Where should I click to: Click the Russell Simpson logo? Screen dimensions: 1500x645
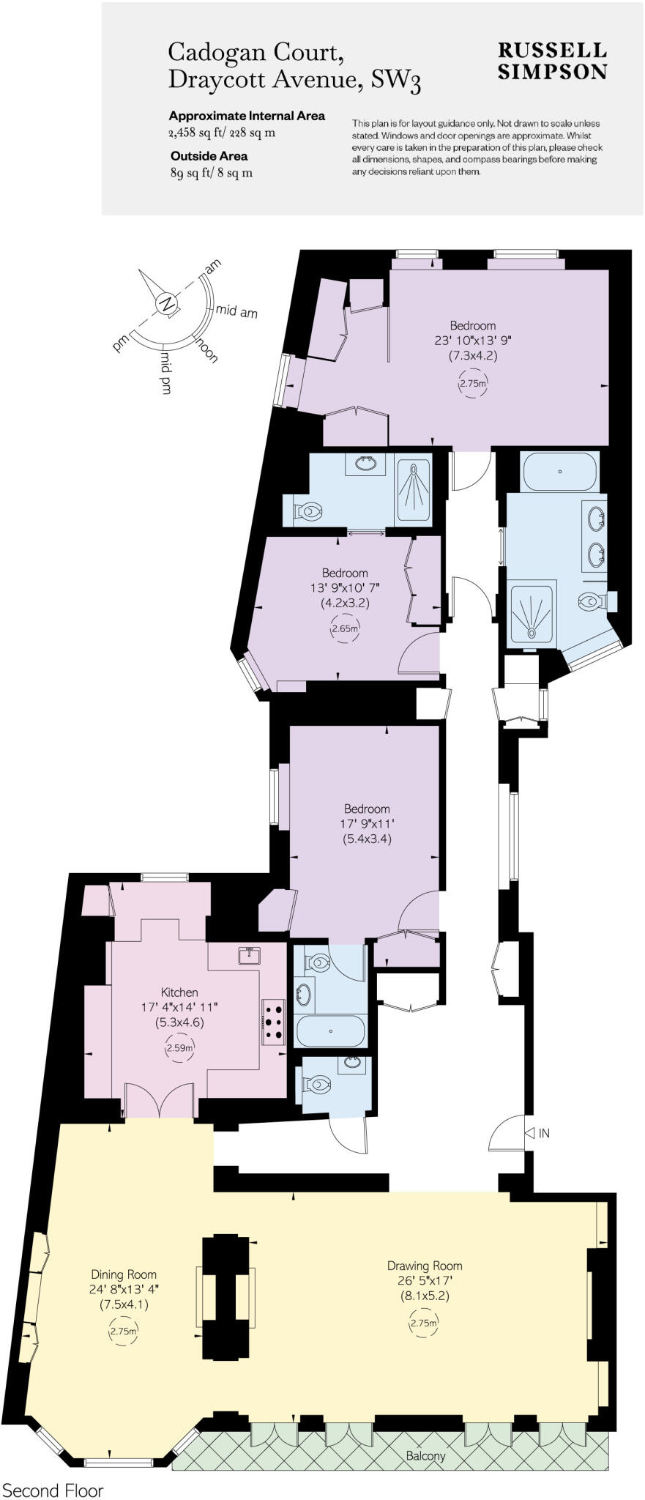click(x=552, y=60)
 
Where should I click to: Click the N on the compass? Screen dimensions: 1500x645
click(x=168, y=303)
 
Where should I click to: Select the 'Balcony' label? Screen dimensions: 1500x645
click(x=425, y=1456)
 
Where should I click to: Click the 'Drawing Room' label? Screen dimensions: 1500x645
click(x=425, y=1265)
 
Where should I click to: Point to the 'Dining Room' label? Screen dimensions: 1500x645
click(x=124, y=1274)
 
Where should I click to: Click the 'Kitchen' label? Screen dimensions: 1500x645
click(x=179, y=992)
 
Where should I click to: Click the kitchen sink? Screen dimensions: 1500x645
click(x=250, y=954)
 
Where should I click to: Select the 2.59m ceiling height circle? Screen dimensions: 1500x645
click(x=179, y=1048)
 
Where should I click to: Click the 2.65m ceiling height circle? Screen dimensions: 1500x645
click(x=345, y=628)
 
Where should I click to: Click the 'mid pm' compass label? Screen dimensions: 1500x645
click(x=166, y=374)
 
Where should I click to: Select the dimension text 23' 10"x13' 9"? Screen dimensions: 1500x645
click(x=472, y=341)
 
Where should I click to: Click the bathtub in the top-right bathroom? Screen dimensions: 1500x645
click(x=560, y=472)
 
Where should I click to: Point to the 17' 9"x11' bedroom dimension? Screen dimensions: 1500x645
click(x=367, y=824)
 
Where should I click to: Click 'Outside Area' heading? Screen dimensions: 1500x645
click(x=209, y=156)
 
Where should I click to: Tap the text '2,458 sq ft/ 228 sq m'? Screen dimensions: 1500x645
click(x=222, y=133)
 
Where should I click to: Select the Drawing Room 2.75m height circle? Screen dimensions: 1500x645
click(x=425, y=1323)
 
